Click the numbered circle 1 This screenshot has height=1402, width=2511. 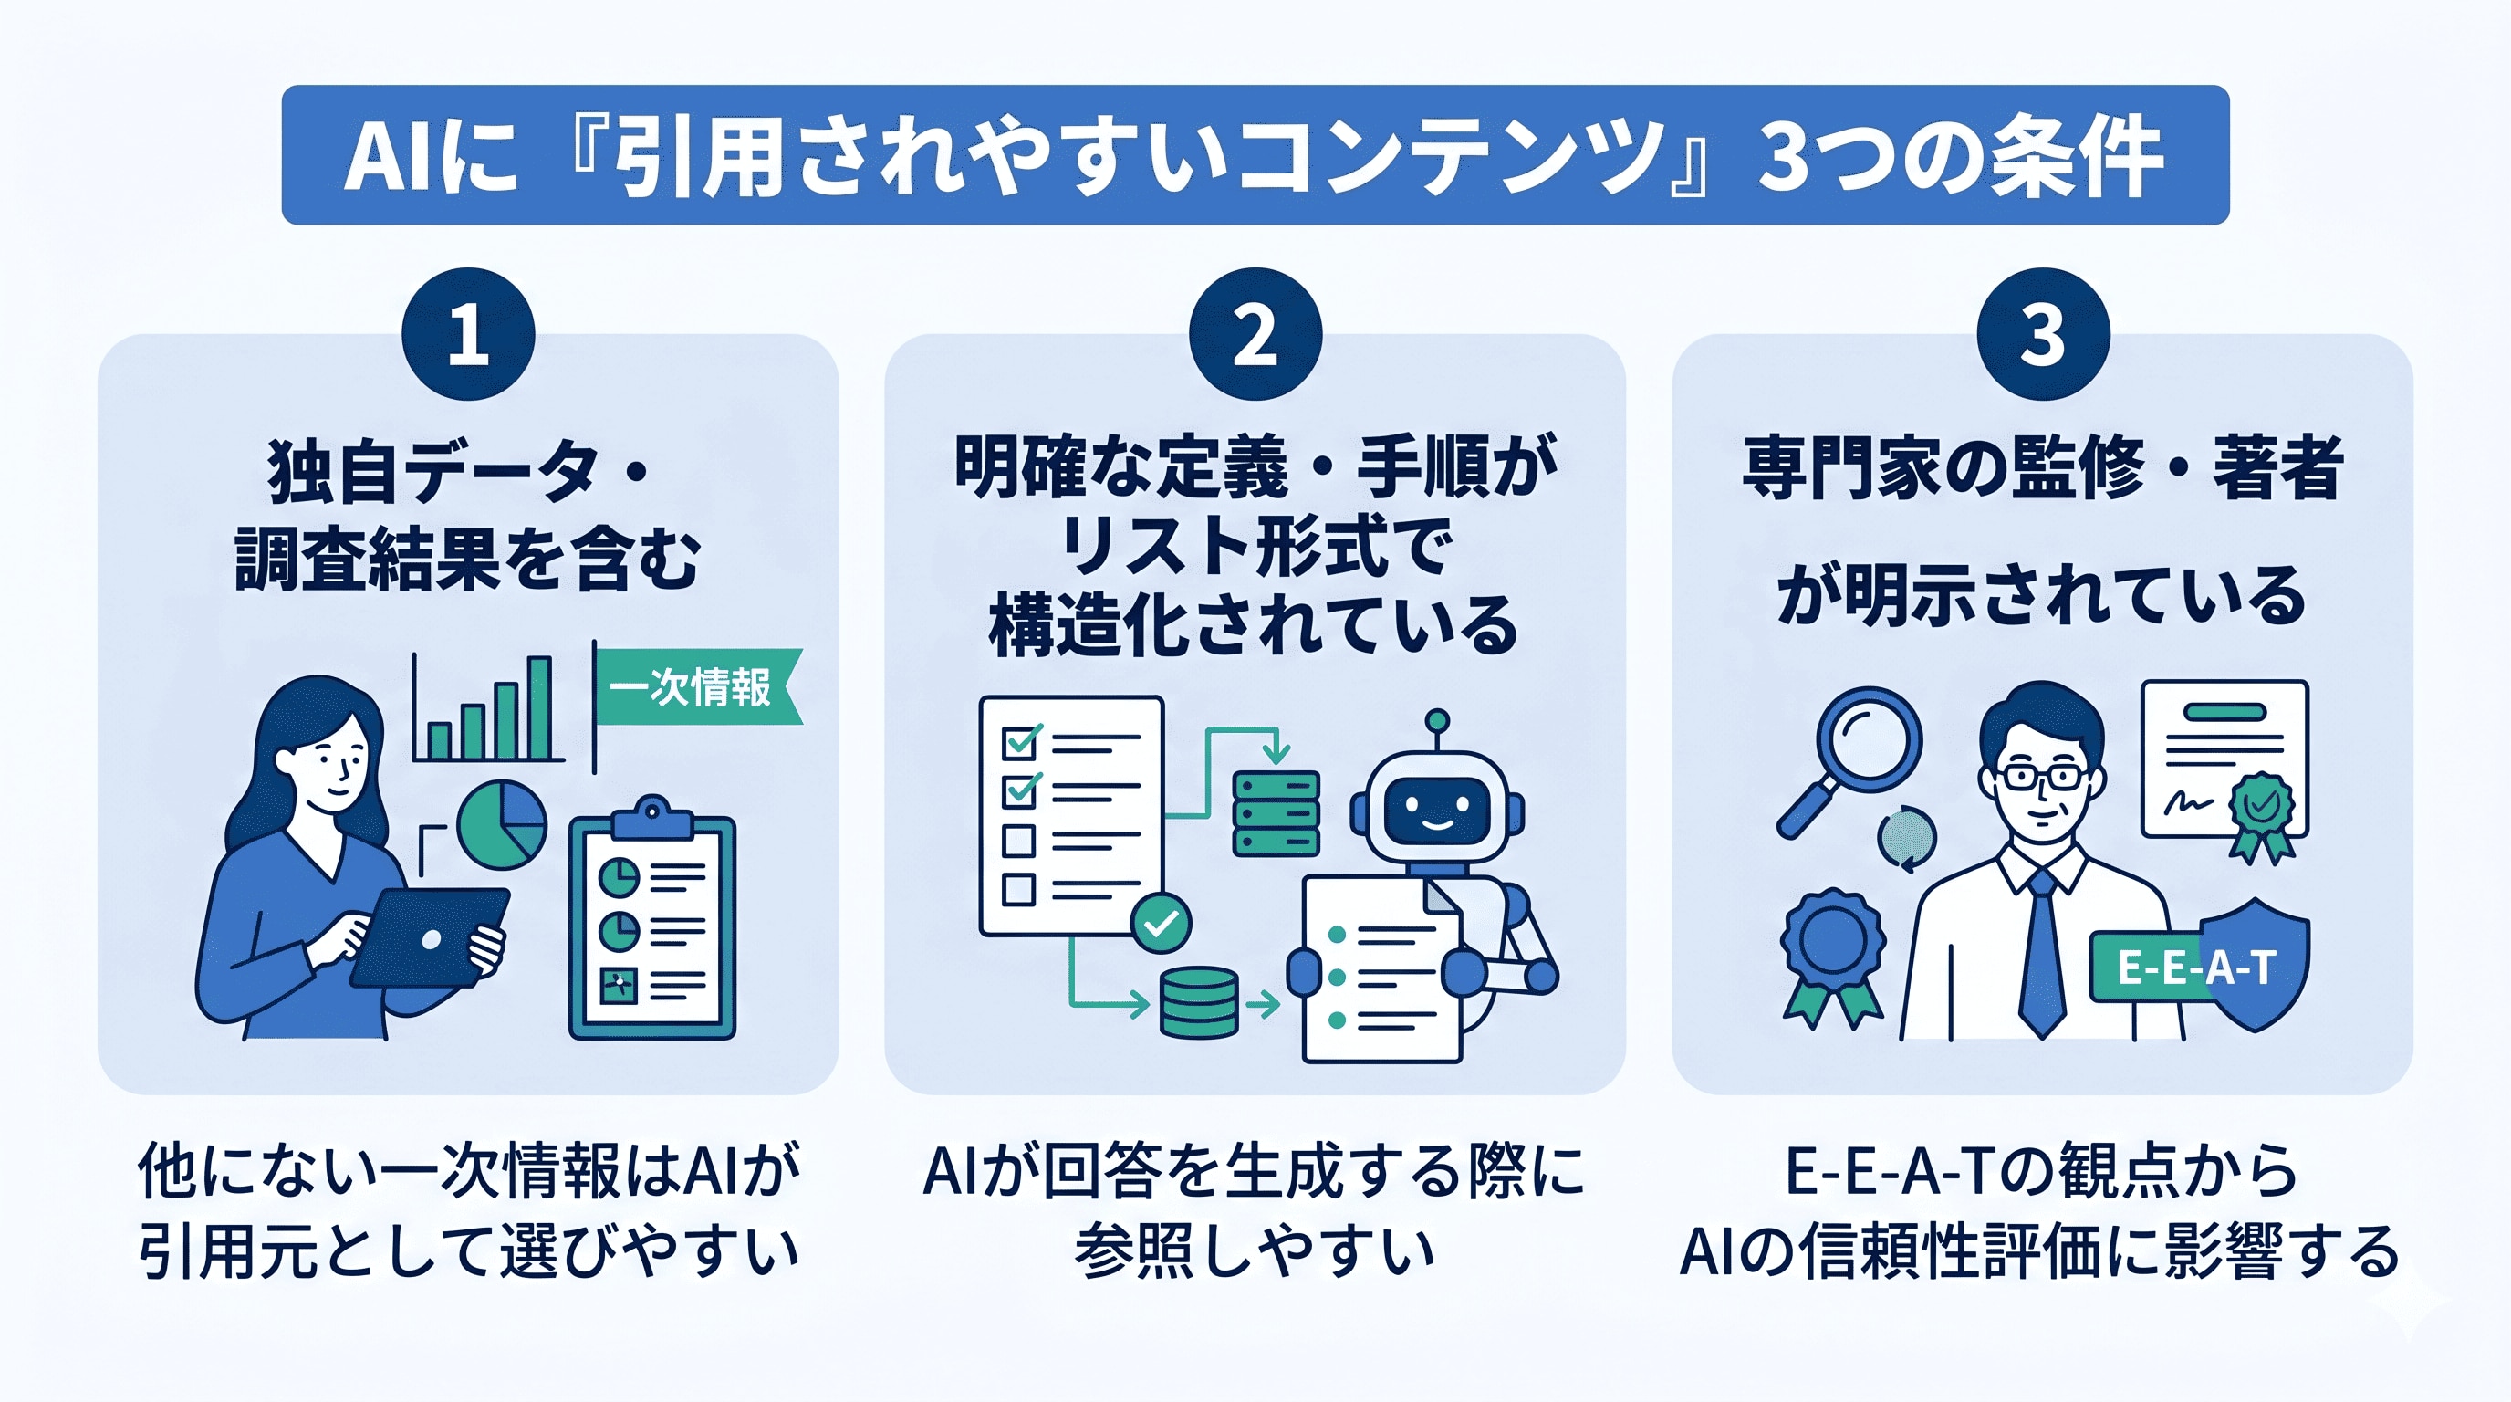[x=468, y=334]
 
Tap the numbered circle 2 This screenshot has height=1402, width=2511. [x=1255, y=334]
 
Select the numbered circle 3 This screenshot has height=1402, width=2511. [x=2042, y=334]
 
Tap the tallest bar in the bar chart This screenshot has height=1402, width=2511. [x=539, y=707]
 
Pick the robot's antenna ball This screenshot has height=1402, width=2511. [x=1437, y=721]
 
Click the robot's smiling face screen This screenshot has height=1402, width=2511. [x=1437, y=812]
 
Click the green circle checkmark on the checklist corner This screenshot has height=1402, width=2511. [x=1161, y=922]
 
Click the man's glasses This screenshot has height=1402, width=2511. [x=2042, y=778]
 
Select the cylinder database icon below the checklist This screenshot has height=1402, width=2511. [x=1199, y=1001]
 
